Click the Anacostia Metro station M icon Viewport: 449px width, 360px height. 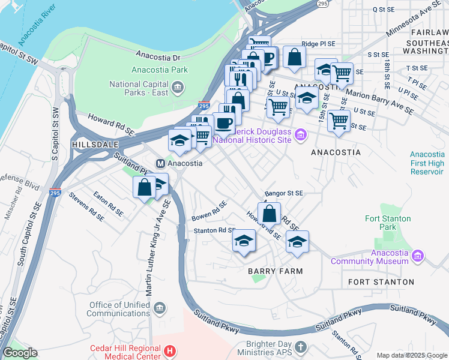pyautogui.click(x=160, y=163)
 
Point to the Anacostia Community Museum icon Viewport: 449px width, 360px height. pyautogui.click(x=418, y=257)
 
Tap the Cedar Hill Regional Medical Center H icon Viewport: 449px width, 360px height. pyautogui.click(x=170, y=350)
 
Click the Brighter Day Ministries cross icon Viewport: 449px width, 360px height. pyautogui.click(x=301, y=347)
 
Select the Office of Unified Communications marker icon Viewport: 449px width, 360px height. pyautogui.click(x=159, y=309)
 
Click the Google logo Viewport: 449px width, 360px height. pyautogui.click(x=20, y=353)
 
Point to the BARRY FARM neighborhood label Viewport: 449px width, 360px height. pyautogui.click(x=275, y=271)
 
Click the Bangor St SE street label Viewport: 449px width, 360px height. pyautogui.click(x=284, y=194)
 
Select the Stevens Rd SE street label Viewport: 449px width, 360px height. pyautogui.click(x=86, y=203)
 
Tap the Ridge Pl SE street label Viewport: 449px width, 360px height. pyautogui.click(x=324, y=44)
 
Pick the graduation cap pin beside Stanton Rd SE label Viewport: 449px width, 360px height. pyautogui.click(x=243, y=241)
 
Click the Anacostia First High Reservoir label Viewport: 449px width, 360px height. pyautogui.click(x=427, y=163)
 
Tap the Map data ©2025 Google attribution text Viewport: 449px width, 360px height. pyautogui.click(x=411, y=355)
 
